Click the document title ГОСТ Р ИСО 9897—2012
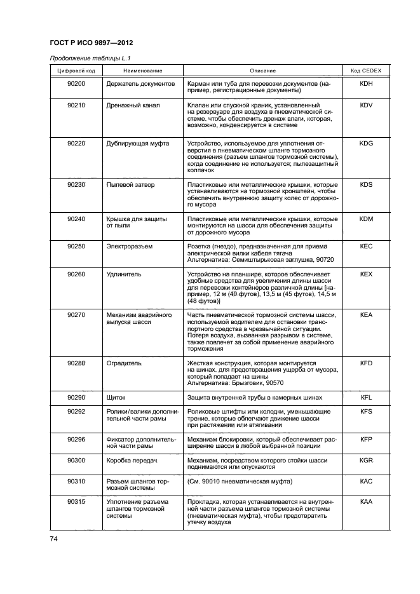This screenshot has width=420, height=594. coord(91,43)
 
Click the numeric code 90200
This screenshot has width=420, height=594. coord(76,83)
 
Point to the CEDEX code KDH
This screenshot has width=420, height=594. coord(366,83)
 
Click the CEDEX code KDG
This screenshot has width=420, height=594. coord(366,144)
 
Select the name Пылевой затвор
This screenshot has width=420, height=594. coord(130,185)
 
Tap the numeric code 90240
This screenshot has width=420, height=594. coord(76,219)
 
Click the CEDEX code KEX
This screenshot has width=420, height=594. coord(366,274)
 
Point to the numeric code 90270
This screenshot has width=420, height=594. coord(76,314)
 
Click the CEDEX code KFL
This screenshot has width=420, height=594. coord(366,397)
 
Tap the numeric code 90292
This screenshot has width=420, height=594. coord(76,412)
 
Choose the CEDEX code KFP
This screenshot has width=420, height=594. coord(366,439)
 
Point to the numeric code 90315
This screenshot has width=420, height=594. coord(76,501)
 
